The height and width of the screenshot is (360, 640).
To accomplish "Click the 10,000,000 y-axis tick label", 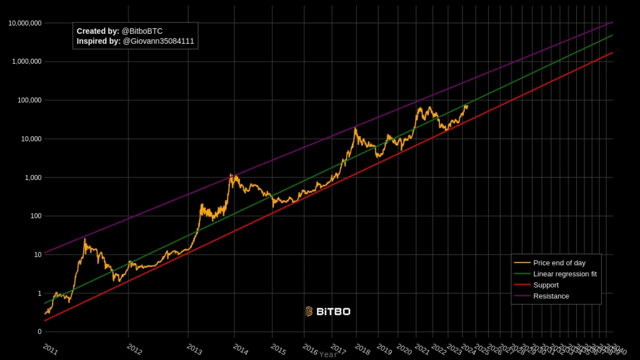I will tap(25, 23).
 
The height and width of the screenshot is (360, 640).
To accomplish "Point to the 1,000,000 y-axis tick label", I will tap(27, 62).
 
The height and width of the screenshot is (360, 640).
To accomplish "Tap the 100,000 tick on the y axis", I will tap(29, 101).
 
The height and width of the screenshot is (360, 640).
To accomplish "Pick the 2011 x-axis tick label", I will tap(50, 349).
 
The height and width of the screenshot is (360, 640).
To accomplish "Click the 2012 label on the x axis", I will tap(134, 349).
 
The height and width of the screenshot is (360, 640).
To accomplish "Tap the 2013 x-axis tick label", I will tap(194, 349).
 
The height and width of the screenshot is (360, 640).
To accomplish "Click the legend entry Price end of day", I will tap(559, 263).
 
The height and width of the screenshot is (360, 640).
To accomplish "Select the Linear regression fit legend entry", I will tap(564, 274).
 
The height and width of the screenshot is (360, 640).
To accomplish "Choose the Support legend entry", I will tap(546, 285).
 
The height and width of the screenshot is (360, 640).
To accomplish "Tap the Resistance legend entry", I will tap(551, 296).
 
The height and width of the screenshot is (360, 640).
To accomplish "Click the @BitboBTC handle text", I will tap(142, 31).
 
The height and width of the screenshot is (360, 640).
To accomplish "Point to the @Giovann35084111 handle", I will tap(158, 41).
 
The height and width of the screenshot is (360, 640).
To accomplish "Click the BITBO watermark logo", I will tap(327, 311).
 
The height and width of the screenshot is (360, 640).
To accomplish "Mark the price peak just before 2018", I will tap(356, 128).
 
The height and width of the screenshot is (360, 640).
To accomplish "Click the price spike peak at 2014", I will tap(231, 174).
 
